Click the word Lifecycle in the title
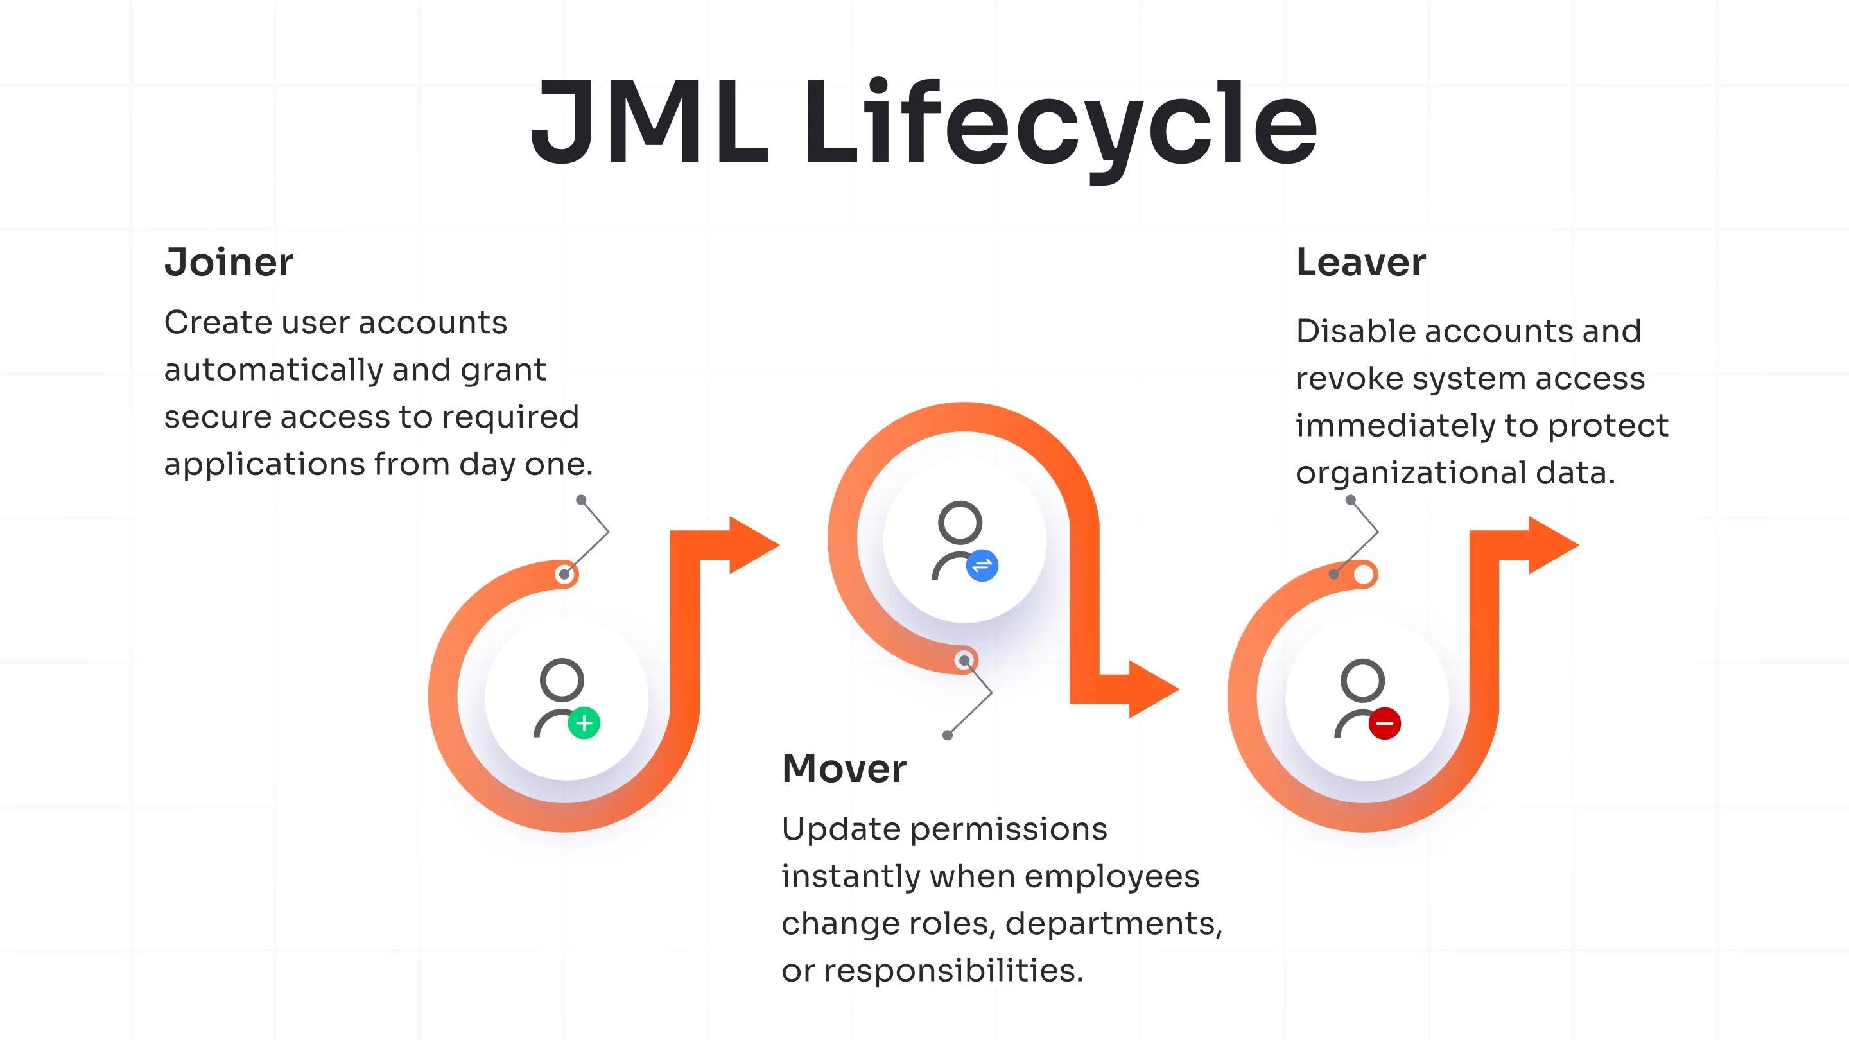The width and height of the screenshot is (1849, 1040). (1059, 123)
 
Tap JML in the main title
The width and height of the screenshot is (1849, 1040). (650, 123)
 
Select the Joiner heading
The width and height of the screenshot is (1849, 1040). (229, 262)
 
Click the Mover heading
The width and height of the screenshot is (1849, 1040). (844, 768)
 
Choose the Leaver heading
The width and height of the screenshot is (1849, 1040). (1361, 262)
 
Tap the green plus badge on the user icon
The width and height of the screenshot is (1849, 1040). (584, 723)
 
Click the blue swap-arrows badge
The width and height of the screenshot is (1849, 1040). (982, 566)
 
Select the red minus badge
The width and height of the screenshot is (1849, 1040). (1385, 723)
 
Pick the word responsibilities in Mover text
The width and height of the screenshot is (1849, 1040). (953, 971)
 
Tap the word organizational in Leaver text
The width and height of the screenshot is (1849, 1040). (1411, 473)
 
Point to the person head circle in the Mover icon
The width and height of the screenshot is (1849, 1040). (960, 523)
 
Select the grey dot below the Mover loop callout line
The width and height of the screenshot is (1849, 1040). (948, 735)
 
